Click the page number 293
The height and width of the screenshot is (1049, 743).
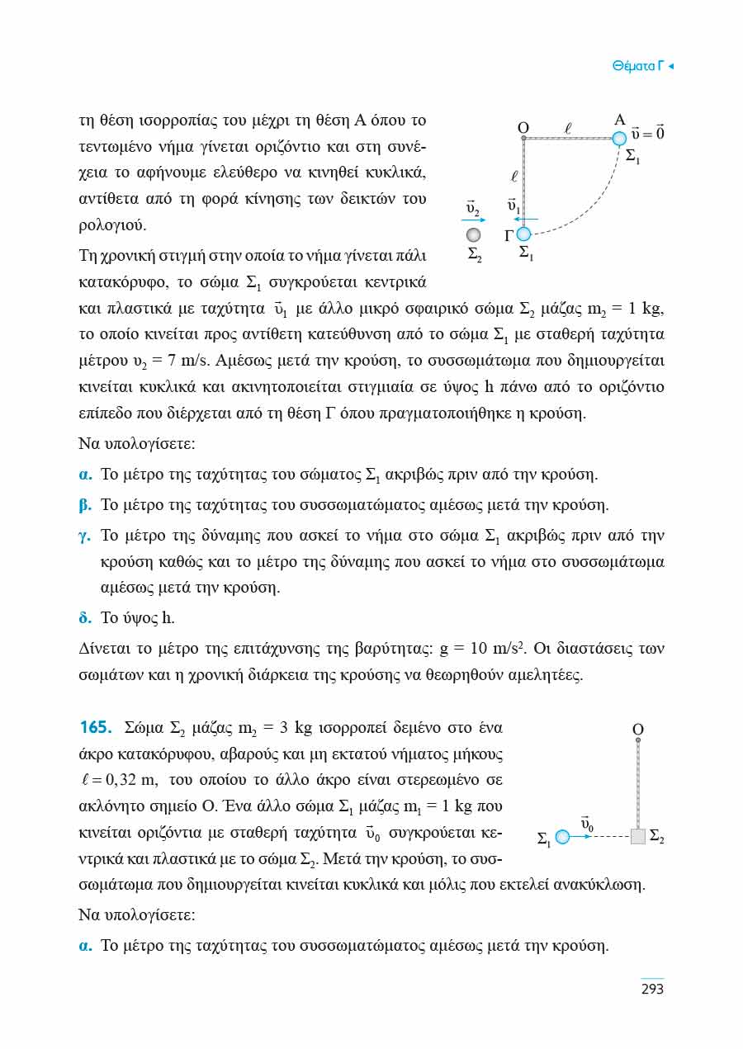[652, 988]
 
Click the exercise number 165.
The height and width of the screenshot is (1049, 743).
[95, 728]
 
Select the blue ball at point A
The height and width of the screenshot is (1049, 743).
[619, 138]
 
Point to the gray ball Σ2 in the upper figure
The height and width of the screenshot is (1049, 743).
[473, 236]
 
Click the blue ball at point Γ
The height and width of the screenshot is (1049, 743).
[523, 235]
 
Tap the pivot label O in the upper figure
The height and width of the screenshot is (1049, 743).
[523, 128]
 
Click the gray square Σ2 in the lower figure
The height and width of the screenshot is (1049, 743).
[637, 837]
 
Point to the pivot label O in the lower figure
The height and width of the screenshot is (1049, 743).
[637, 730]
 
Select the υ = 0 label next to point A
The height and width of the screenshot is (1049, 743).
[648, 132]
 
